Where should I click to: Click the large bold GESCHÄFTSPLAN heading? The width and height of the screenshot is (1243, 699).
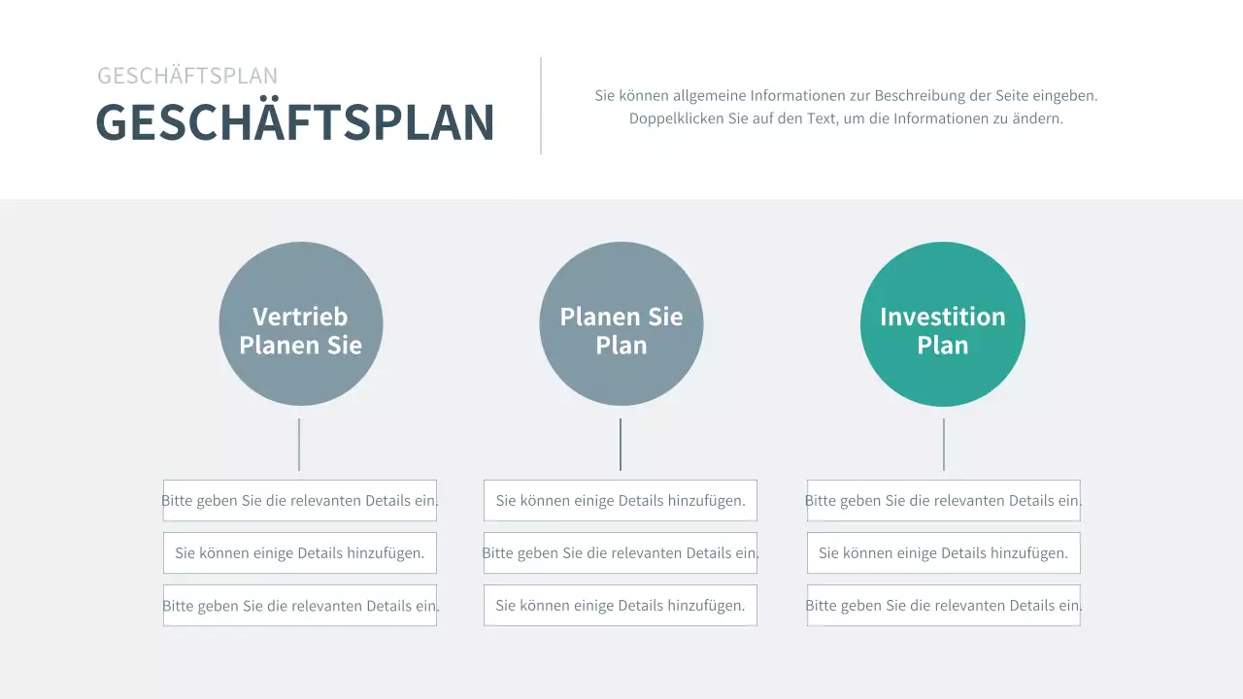[295, 122]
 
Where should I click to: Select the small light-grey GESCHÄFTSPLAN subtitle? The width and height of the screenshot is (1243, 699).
[187, 76]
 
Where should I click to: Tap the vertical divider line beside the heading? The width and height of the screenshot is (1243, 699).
[541, 105]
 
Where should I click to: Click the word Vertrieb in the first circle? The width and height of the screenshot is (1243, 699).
[300, 316]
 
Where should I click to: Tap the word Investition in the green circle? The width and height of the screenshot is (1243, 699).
[943, 316]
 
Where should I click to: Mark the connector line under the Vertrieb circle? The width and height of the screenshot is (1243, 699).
[299, 445]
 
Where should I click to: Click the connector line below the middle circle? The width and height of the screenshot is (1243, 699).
[621, 445]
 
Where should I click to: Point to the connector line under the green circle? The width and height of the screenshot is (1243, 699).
[944, 445]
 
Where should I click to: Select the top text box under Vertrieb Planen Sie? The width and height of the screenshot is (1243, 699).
[300, 501]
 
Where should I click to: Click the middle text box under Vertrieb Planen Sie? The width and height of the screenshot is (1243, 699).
[300, 553]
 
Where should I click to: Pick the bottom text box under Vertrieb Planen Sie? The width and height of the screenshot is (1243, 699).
[300, 606]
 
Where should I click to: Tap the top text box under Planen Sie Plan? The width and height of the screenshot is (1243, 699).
[621, 501]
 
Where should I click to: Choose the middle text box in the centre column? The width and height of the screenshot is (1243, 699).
[621, 553]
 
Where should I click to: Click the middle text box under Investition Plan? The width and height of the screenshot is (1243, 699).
[943, 553]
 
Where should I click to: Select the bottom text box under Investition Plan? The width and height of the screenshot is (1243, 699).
[943, 606]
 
